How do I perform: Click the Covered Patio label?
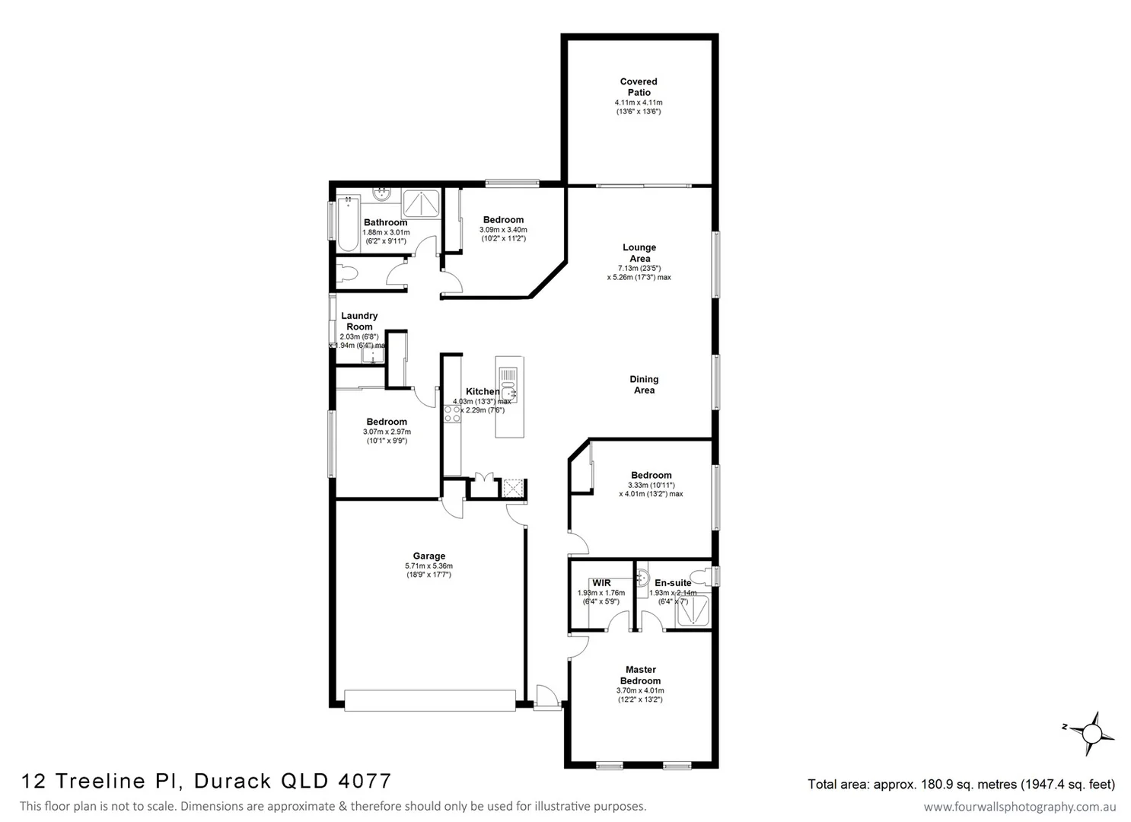(639, 87)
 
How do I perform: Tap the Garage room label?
(429, 556)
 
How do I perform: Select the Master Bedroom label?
(640, 675)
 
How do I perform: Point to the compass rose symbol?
(1091, 734)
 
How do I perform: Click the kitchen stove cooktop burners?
(452, 414)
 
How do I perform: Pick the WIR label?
(601, 583)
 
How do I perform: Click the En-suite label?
(673, 583)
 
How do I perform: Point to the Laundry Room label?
(359, 321)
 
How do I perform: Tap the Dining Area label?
(644, 384)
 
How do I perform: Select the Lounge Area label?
(639, 253)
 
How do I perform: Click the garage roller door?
(429, 700)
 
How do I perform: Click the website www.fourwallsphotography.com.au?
(1020, 807)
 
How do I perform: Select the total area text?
(961, 784)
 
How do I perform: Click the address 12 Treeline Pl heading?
(206, 781)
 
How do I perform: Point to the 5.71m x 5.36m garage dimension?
(429, 566)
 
